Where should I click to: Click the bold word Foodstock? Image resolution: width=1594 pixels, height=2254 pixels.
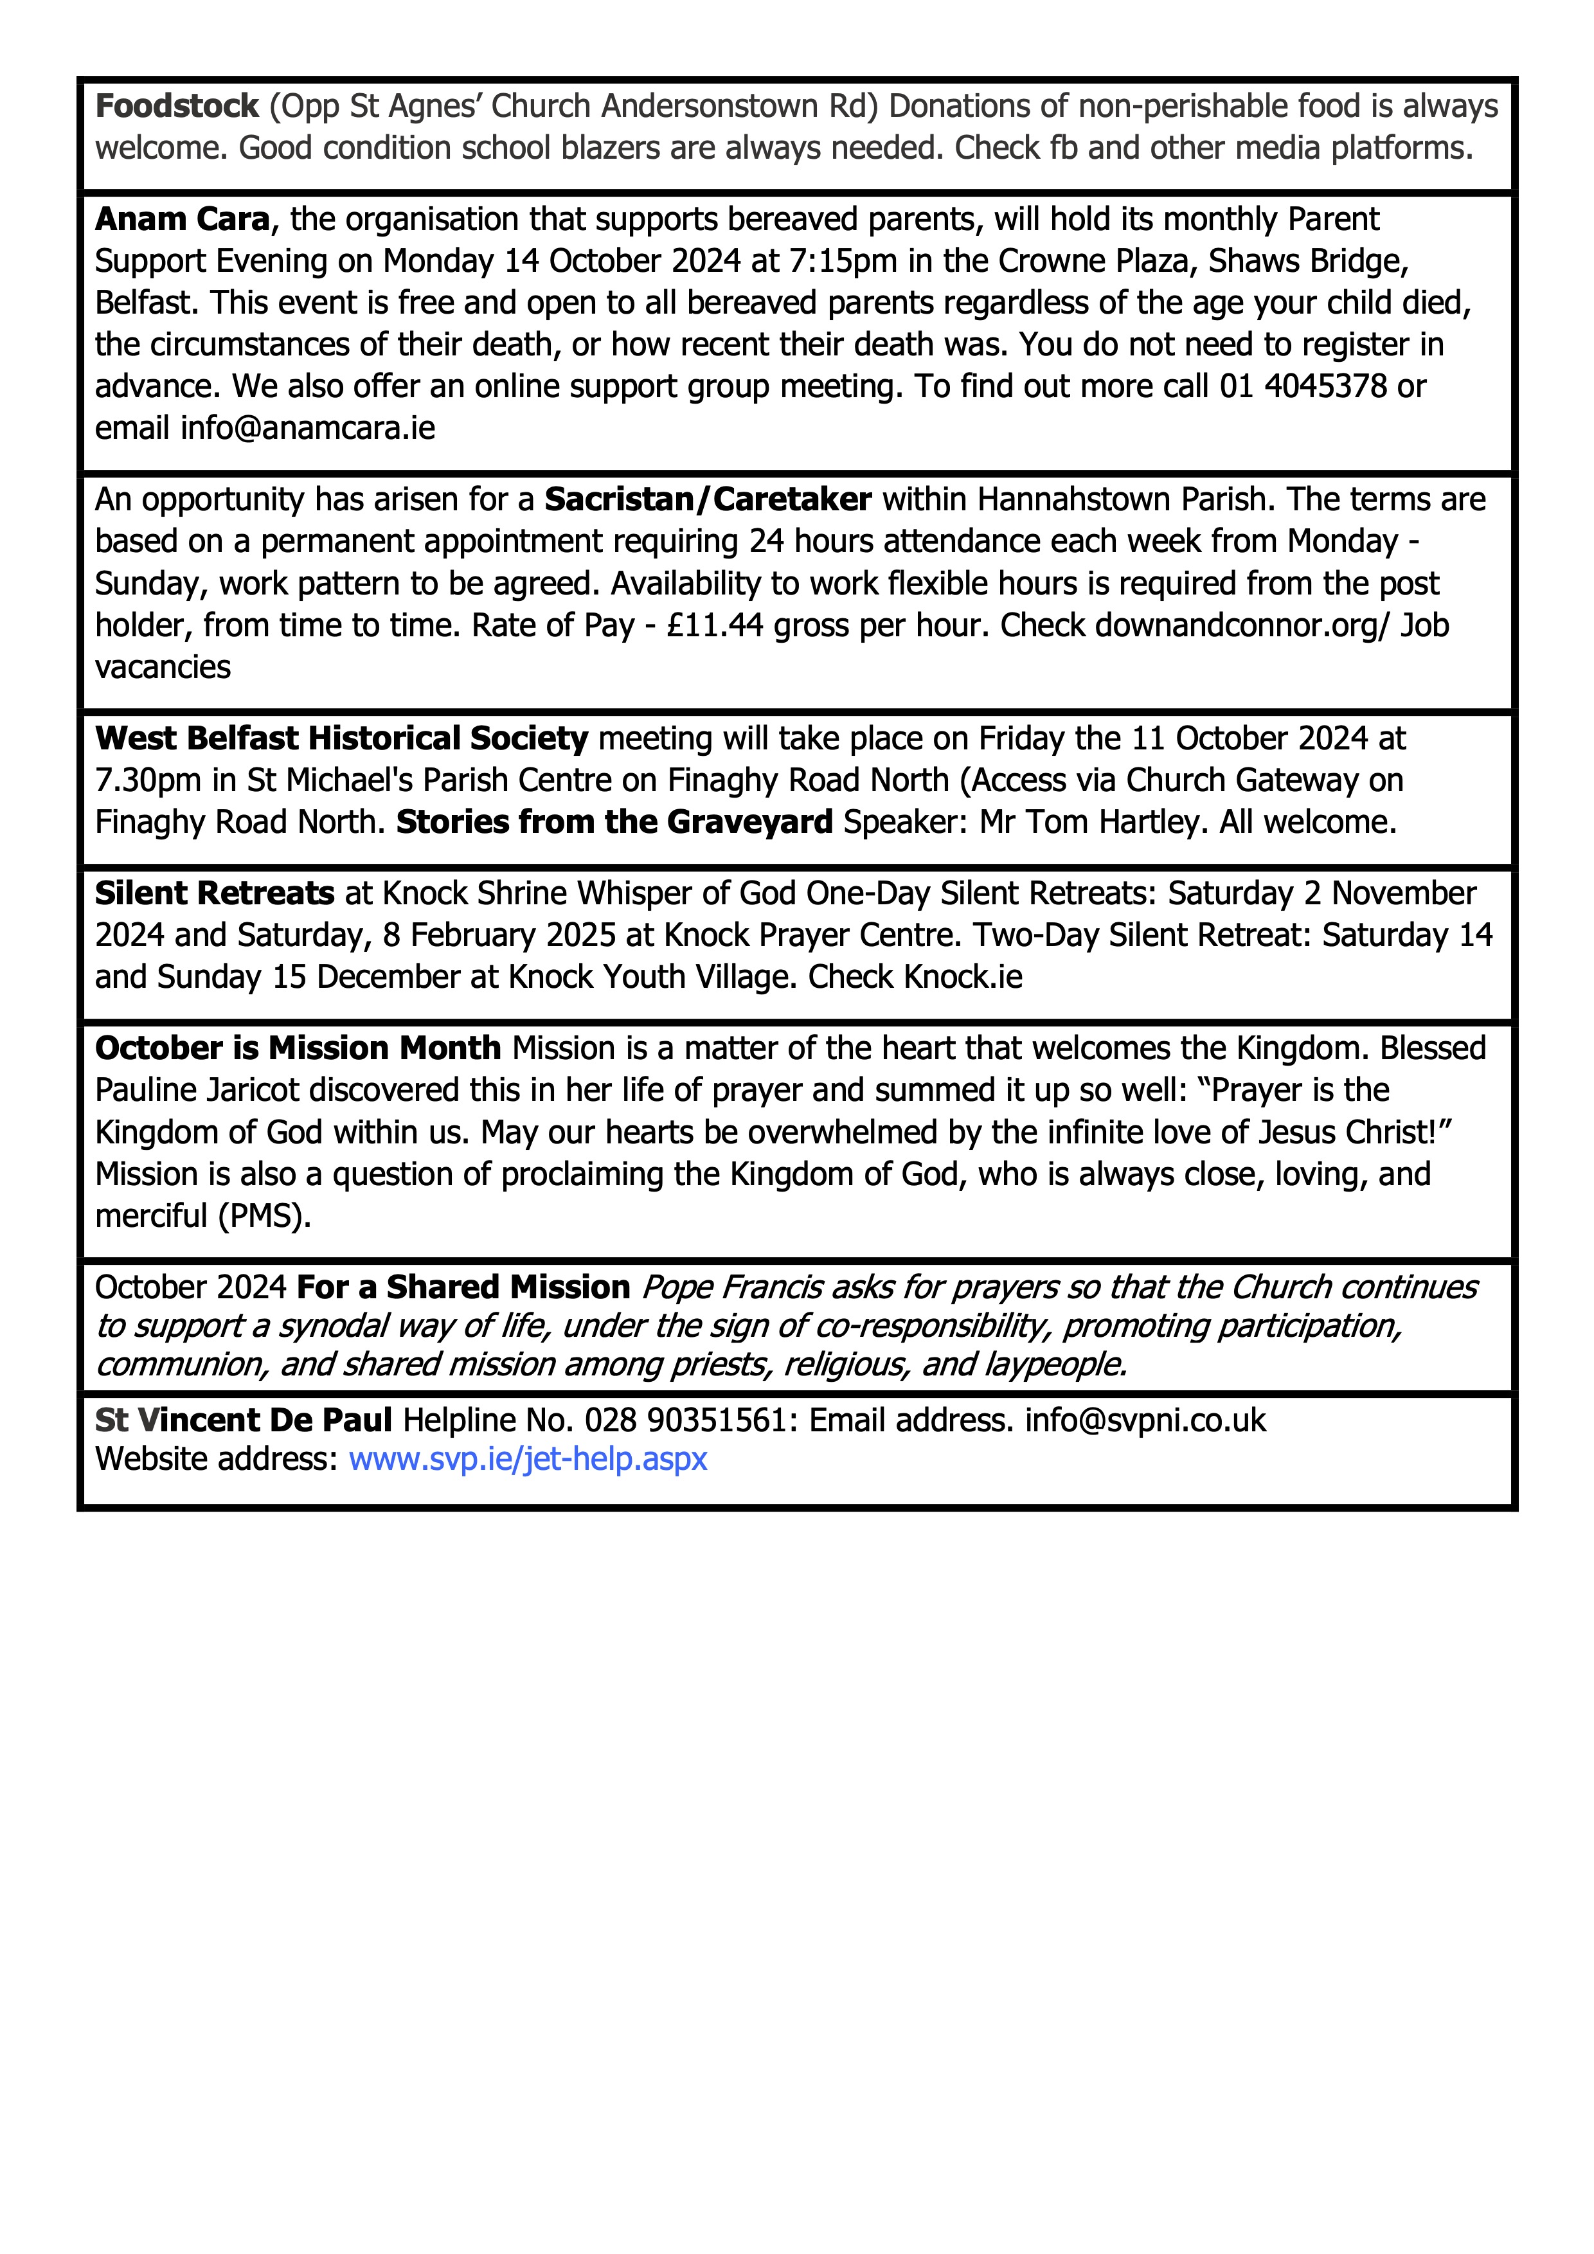click(177, 106)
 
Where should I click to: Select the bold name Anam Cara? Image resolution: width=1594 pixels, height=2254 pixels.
click(183, 219)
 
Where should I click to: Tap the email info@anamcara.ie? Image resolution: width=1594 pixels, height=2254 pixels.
click(307, 429)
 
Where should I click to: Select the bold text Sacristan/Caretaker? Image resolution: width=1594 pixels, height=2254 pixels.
click(708, 499)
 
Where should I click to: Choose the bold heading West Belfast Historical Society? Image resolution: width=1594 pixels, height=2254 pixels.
click(341, 738)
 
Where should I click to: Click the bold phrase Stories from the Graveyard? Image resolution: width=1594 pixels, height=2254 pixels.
click(614, 821)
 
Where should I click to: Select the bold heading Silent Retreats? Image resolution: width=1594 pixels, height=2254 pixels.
click(215, 893)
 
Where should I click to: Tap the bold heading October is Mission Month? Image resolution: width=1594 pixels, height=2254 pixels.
click(298, 1048)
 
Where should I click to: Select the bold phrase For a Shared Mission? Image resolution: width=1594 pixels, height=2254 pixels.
click(463, 1287)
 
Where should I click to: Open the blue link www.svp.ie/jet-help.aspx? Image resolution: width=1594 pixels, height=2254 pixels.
click(528, 1459)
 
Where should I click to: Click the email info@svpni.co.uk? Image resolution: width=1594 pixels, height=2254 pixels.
click(1145, 1420)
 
